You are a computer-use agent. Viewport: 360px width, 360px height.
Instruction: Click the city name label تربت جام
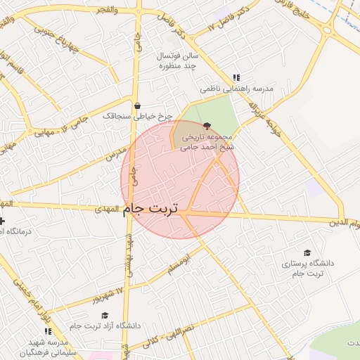151,209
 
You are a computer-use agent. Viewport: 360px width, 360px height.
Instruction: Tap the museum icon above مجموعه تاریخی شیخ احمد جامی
205,126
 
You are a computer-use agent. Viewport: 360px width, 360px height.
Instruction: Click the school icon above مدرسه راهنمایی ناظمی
236,77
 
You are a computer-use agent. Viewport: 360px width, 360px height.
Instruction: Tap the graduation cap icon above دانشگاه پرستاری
307,252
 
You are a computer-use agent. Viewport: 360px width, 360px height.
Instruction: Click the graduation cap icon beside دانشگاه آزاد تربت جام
105,315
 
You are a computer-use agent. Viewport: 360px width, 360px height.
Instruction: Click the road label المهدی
106,209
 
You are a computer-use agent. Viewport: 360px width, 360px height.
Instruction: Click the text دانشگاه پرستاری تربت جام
307,268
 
